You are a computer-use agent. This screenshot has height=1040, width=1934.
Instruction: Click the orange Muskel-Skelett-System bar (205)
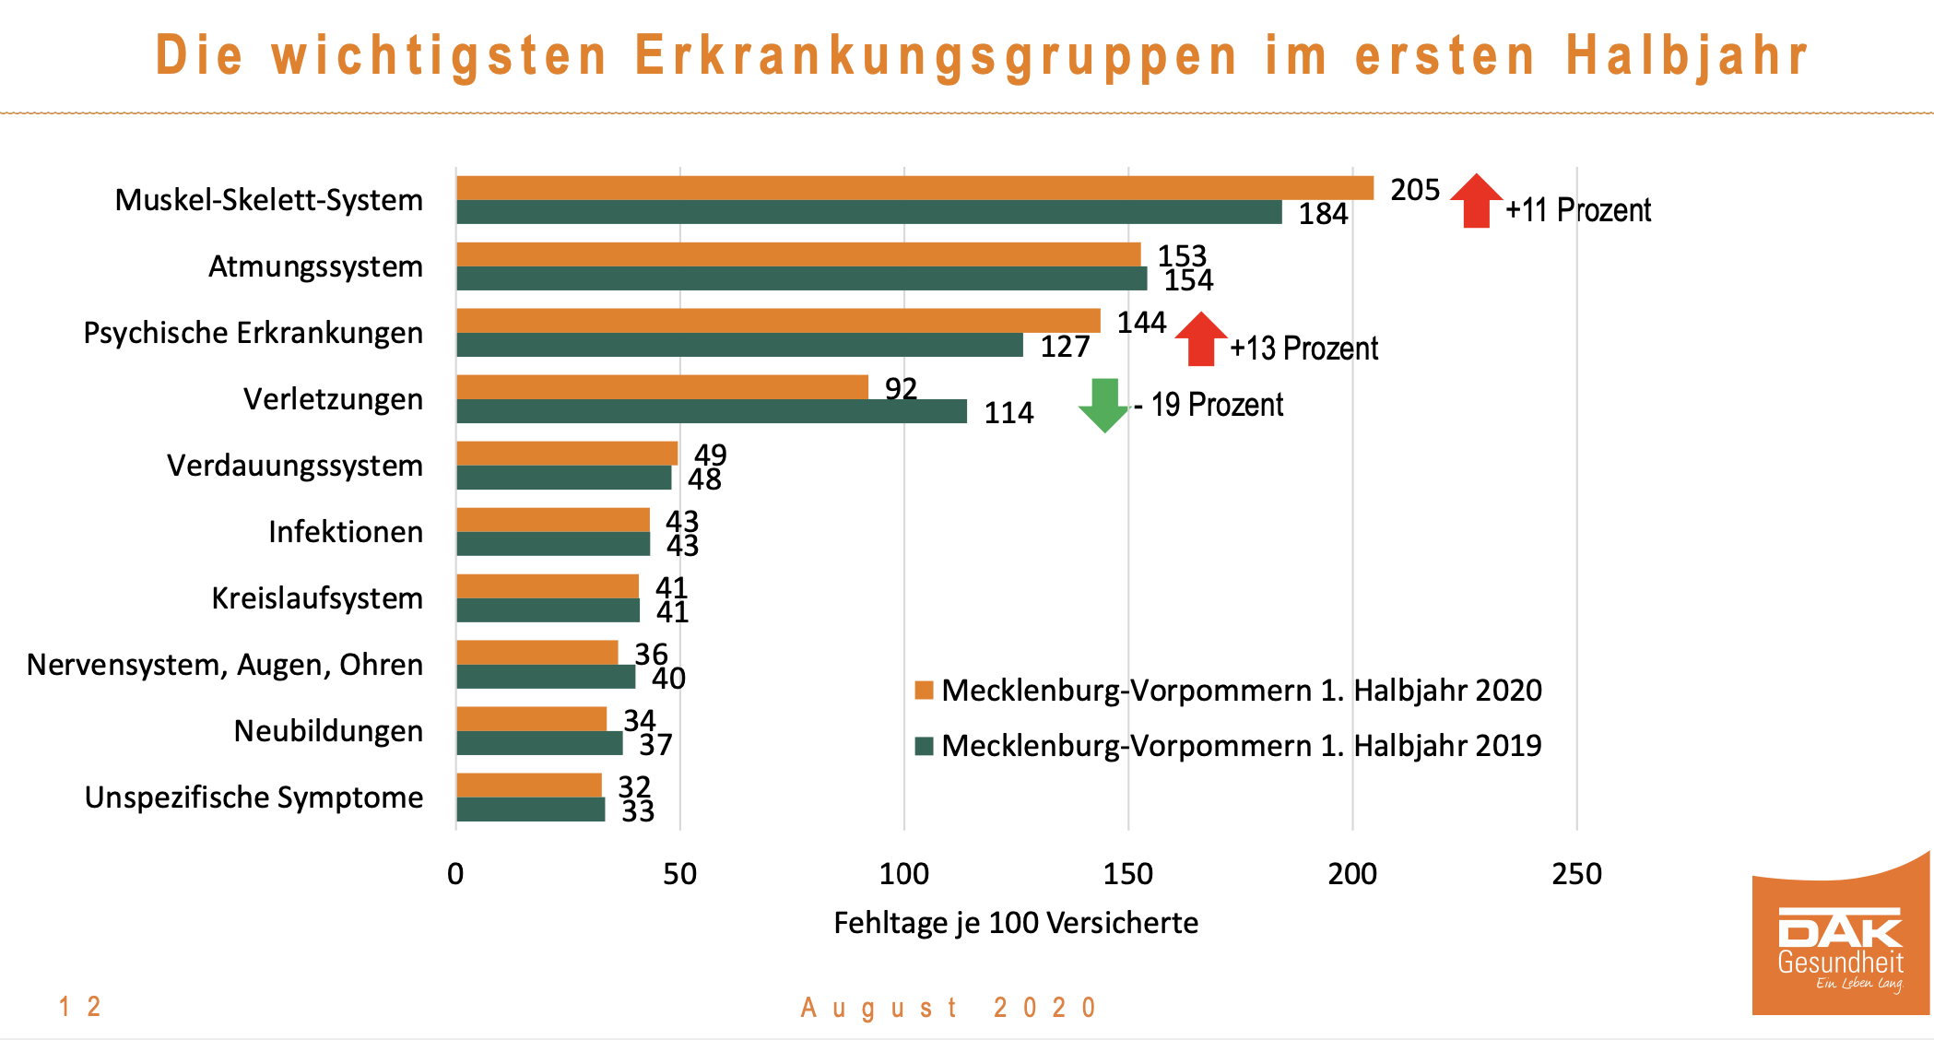tap(914, 188)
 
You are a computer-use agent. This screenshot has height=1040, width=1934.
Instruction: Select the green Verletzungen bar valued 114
tap(712, 411)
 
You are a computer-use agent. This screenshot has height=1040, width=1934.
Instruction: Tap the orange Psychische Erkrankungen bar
tap(778, 321)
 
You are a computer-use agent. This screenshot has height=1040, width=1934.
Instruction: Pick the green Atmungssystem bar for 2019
tap(802, 278)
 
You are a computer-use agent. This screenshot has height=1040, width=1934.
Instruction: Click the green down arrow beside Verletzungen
tap(1103, 405)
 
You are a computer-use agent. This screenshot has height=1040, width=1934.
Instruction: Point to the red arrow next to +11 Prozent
tap(1476, 200)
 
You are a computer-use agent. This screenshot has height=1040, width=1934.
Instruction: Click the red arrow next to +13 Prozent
tap(1201, 338)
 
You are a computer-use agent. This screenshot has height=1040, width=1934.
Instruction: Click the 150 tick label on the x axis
tap(1128, 874)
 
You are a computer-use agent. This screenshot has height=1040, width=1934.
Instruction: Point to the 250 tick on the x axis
tap(1576, 874)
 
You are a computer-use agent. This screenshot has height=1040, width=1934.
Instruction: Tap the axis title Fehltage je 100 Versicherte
tap(1016, 923)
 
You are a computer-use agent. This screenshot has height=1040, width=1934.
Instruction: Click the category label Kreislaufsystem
tap(317, 598)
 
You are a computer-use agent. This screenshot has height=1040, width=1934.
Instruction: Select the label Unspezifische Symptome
tap(254, 798)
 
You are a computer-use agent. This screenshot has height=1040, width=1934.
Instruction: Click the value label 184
tap(1323, 214)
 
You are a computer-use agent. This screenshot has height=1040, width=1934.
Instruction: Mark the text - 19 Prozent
tap(1209, 405)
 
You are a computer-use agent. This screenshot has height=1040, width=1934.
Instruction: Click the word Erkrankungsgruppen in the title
tap(936, 55)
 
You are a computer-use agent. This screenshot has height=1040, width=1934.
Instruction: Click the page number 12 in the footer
tap(80, 1007)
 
